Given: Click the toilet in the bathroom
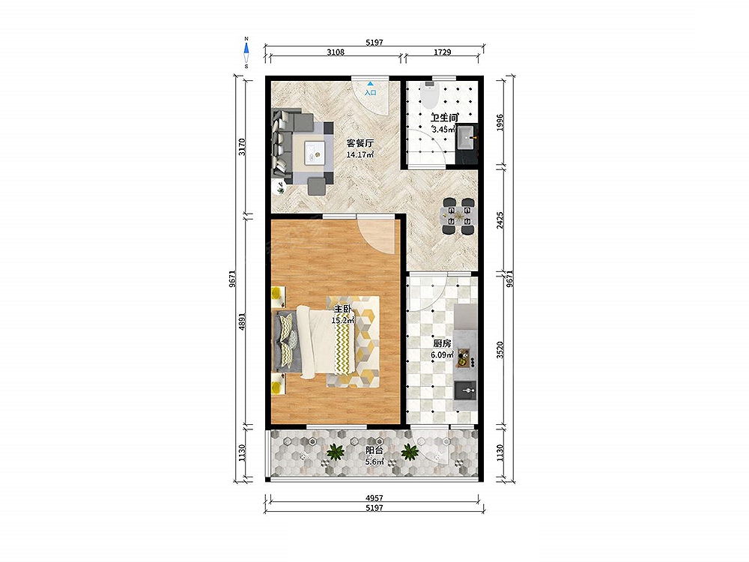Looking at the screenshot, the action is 429,95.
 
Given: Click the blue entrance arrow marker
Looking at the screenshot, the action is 370,84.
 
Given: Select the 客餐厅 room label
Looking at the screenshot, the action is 360,143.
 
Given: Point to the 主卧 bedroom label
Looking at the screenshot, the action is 342,309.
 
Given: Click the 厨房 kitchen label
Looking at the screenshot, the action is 442,343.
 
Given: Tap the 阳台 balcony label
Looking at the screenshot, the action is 374,450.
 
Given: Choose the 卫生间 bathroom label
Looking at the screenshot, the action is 444,118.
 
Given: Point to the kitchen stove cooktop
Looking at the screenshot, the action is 464,358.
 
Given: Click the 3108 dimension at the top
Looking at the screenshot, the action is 336,52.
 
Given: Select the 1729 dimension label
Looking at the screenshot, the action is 443,52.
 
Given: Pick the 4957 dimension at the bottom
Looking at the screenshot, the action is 374,498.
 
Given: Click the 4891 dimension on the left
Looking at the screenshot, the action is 242,321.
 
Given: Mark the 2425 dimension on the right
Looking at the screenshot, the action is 500,220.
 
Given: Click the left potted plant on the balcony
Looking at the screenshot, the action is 336,451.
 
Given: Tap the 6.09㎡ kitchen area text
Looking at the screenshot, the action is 442,354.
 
